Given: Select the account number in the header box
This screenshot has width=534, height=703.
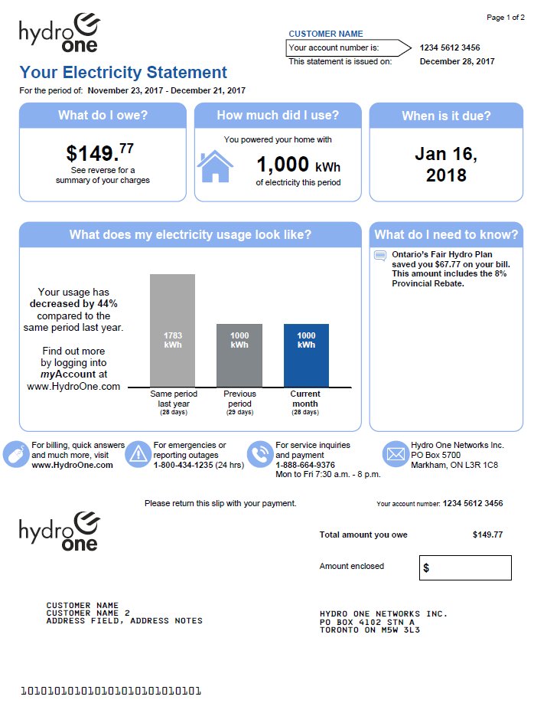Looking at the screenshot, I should [450, 47].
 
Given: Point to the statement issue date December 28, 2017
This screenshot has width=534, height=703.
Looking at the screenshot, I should [457, 61].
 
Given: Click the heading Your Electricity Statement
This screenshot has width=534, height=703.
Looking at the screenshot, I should [123, 73].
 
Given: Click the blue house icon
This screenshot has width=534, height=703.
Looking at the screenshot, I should [215, 166].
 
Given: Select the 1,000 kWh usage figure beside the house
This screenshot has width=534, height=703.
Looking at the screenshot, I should [298, 165].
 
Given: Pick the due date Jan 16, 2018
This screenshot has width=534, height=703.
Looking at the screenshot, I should [446, 164].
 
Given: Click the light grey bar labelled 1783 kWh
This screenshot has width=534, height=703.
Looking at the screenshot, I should [172, 330].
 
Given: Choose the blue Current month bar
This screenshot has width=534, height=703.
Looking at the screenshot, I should [306, 355].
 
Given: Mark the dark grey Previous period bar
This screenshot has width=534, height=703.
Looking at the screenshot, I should [239, 355].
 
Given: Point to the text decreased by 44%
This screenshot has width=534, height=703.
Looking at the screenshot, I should [73, 304].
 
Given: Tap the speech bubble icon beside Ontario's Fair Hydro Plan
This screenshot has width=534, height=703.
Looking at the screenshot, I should [380, 256].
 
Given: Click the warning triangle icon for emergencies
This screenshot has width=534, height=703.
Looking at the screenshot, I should [138, 454].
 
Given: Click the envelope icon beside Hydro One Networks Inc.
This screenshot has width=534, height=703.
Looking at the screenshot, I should [395, 454].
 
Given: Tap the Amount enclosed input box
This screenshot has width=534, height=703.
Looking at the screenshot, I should [465, 567].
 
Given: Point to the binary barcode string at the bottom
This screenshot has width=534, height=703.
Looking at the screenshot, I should [110, 691].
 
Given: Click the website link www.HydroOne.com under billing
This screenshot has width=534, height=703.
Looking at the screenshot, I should [72, 465].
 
